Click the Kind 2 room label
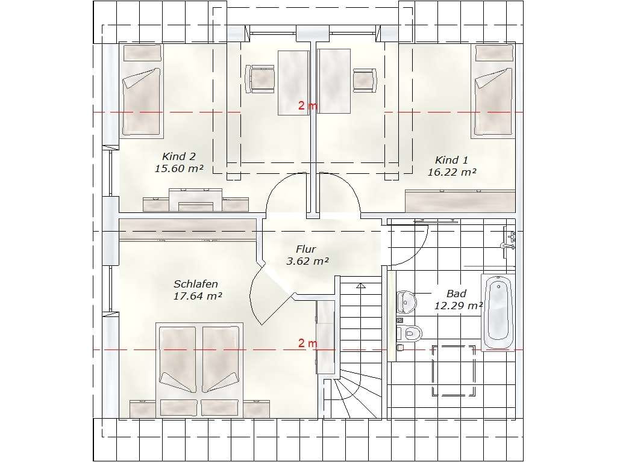coord(178,156)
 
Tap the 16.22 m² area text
coord(452,172)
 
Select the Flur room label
coord(305,249)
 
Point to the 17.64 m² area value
coord(198,296)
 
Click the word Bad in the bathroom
coord(457,294)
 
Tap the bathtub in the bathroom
coord(498,312)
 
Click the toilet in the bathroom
coord(410,333)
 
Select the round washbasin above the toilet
coord(407,301)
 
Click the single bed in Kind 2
coord(142,91)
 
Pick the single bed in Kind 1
coord(493,91)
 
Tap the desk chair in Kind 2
coord(260,79)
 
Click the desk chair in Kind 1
coord(365,80)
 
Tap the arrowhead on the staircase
coord(360,286)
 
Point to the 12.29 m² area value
coord(459,306)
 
